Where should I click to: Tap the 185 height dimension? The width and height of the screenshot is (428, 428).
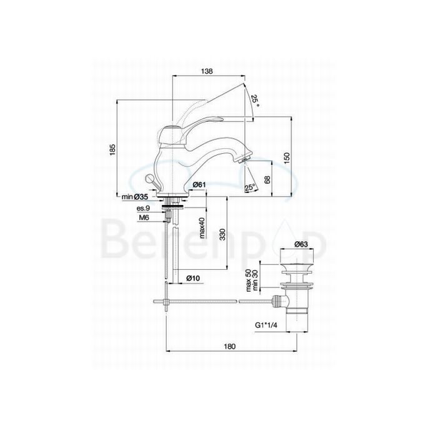112,150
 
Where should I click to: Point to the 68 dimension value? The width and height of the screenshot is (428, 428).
269,180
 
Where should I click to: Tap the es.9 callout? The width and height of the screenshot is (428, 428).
143,207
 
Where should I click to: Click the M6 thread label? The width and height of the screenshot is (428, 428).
144,217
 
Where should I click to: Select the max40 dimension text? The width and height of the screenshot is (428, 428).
203,229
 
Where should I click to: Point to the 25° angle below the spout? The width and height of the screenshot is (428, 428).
250,187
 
